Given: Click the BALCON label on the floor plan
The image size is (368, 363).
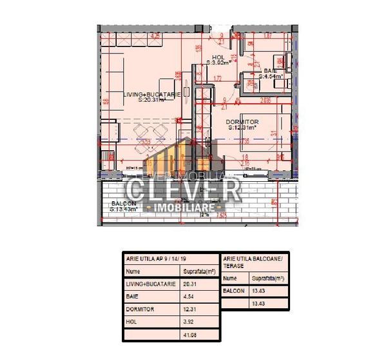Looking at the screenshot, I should click(122, 204).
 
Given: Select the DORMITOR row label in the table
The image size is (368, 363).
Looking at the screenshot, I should click(140, 309).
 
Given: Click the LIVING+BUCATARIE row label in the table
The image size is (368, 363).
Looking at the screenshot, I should click(150, 284).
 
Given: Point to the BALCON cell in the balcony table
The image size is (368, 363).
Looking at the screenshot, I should click(233, 291).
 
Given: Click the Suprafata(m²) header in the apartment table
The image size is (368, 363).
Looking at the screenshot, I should click(199, 271).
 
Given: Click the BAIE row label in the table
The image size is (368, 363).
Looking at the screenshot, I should click(132, 297).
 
